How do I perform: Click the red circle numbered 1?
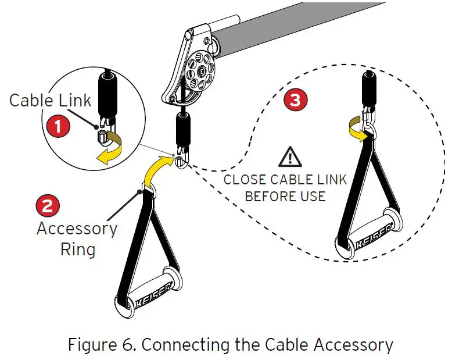pos(59,124)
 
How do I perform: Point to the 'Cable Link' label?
pos(50,100)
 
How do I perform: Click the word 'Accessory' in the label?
pos(77,228)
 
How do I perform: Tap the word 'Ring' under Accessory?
pos(78,249)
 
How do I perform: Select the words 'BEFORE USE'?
pos(285,196)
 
